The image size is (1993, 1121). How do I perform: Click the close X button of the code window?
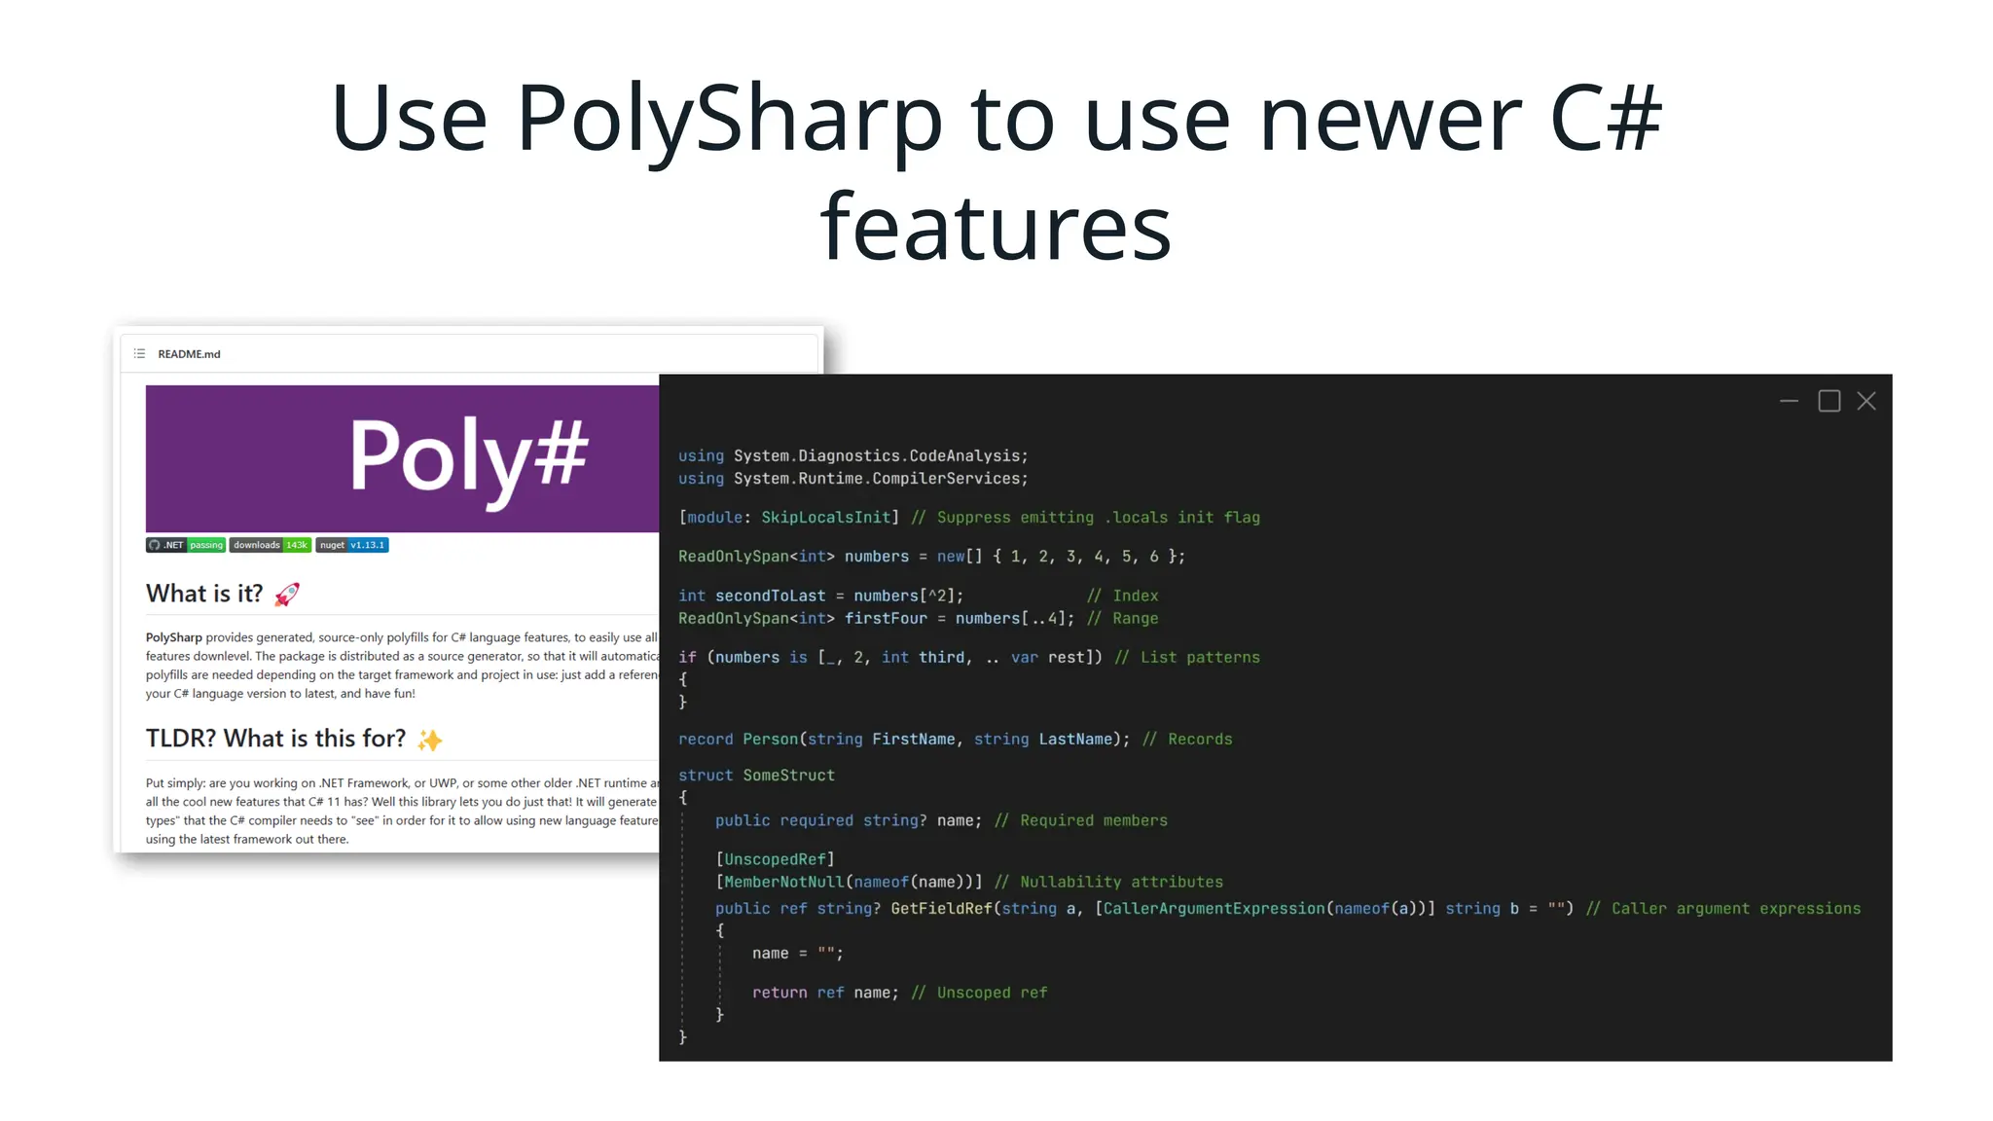pyautogui.click(x=1866, y=401)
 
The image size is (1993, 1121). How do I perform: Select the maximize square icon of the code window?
pyautogui.click(x=1829, y=401)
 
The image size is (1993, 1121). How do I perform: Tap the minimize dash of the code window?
pyautogui.click(x=1789, y=401)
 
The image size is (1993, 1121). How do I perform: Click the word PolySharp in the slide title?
pyautogui.click(x=729, y=119)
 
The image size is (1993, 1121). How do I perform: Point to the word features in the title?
pyautogui.click(x=996, y=228)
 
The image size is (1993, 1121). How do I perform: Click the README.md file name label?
pyautogui.click(x=189, y=354)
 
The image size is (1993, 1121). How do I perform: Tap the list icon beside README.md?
pyautogui.click(x=139, y=354)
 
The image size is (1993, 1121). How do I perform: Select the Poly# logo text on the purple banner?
pyautogui.click(x=468, y=455)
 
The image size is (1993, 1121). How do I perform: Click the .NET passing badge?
pyautogui.click(x=186, y=545)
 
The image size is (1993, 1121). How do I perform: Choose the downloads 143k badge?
pyautogui.click(x=271, y=545)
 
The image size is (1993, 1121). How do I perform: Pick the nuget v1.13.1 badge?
pyautogui.click(x=352, y=545)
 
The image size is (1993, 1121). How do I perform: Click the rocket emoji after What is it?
pyautogui.click(x=287, y=594)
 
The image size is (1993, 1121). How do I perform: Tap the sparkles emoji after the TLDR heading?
pyautogui.click(x=429, y=740)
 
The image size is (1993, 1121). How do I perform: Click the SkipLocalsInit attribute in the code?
pyautogui.click(x=825, y=518)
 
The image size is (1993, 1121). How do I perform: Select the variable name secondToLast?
pyautogui.click(x=770, y=596)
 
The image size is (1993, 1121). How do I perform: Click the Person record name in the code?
pyautogui.click(x=770, y=740)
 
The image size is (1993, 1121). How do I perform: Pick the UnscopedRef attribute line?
pyautogui.click(x=775, y=859)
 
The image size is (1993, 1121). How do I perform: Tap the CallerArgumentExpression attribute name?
pyautogui.click(x=1214, y=909)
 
